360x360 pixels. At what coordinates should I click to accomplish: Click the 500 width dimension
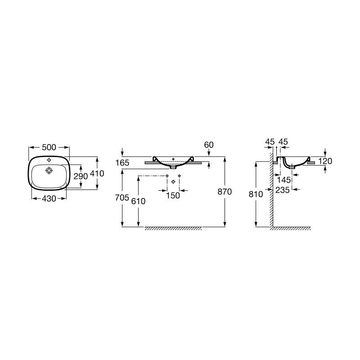[49, 148]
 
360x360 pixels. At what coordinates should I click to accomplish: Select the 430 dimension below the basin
[49, 198]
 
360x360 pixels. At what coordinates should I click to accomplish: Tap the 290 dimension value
[81, 176]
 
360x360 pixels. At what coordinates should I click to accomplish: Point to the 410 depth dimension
[97, 173]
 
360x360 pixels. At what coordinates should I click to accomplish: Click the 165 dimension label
[122, 163]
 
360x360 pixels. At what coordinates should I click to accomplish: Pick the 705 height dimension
[122, 198]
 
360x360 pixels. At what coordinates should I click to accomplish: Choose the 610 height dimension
[138, 201]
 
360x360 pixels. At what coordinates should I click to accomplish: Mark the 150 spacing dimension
[173, 196]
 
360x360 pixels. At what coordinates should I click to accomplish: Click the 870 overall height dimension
[225, 192]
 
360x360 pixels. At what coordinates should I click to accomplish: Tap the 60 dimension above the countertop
[209, 145]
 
